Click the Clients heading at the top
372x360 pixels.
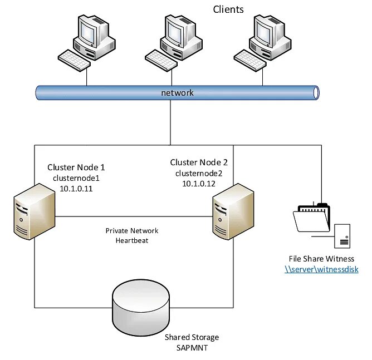[228, 9]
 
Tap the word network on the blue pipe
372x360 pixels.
[177, 93]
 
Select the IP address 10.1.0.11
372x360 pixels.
[76, 189]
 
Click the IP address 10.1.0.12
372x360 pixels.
[199, 184]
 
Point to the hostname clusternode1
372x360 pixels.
[76, 178]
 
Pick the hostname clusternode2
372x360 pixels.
[199, 173]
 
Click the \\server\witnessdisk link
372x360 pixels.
[321, 269]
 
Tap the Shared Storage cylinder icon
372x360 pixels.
[141, 307]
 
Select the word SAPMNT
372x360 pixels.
[192, 348]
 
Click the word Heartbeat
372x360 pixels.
[132, 240]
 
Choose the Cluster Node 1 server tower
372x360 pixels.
[35, 211]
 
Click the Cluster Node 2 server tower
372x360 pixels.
[233, 211]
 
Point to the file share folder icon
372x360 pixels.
[311, 218]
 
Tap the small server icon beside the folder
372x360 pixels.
[342, 236]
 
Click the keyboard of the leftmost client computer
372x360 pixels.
[74, 60]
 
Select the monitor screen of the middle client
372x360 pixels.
[174, 33]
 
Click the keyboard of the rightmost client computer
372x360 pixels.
[250, 60]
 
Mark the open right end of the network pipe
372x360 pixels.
[316, 93]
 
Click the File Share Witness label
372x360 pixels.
[321, 259]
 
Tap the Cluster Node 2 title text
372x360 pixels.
[199, 162]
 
